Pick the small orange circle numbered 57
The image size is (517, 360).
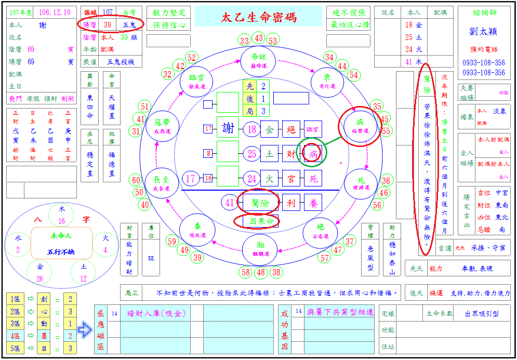(x=325, y=258)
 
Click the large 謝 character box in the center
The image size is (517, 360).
(x=228, y=128)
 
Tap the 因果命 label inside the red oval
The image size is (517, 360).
(x=257, y=221)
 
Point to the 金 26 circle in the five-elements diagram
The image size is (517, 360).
(x=39, y=270)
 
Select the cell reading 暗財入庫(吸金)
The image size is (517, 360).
(x=156, y=313)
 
